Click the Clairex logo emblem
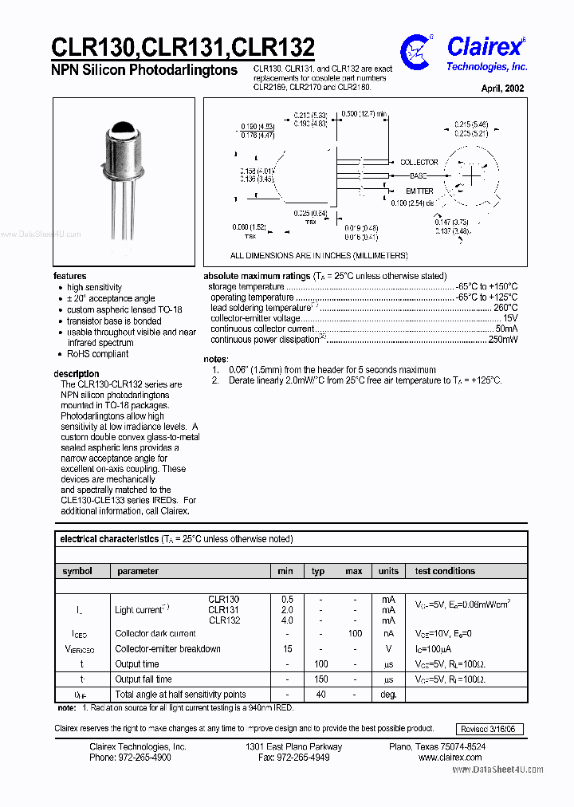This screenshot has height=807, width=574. point(417,51)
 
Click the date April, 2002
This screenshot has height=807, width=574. point(503,89)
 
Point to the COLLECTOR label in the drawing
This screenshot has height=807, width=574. point(419,162)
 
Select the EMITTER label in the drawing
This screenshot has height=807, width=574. point(419,191)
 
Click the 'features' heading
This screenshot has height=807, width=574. point(70,276)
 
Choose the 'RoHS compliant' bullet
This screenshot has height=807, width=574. point(97,354)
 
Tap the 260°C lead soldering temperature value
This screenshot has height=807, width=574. point(505,308)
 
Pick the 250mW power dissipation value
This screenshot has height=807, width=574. point(503,340)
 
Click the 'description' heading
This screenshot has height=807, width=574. point(77,374)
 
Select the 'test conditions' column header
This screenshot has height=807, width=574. point(445,571)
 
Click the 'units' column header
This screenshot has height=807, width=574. point(388,571)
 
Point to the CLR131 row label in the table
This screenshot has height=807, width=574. point(223,610)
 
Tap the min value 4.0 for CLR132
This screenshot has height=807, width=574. point(287,620)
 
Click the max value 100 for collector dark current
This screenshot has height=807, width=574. point(355,634)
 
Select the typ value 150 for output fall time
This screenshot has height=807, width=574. point(320,679)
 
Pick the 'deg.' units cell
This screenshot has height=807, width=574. point(388,695)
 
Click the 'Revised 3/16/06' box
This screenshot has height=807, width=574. point(489,729)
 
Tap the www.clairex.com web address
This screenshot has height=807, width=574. point(451,758)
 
